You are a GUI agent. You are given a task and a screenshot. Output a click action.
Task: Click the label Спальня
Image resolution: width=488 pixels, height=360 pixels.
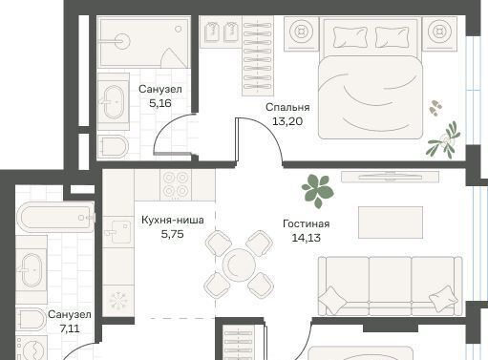coord(287,107)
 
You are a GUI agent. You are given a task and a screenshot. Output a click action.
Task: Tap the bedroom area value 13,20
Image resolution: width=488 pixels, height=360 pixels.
coord(287,121)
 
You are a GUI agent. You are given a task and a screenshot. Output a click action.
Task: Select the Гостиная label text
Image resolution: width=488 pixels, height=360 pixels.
coord(306,223)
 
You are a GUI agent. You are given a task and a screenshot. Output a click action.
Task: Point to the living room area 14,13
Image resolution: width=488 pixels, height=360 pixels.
coord(306,238)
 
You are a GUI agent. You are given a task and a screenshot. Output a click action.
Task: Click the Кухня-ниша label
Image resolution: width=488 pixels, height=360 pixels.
coord(173,220)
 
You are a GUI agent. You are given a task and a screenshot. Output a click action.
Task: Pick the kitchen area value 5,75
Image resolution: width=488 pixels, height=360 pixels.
coord(172,234)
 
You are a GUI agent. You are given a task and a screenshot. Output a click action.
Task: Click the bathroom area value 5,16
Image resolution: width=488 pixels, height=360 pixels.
coord(160,103)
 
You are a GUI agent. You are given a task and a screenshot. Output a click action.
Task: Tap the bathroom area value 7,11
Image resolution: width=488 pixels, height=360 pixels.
coord(70,328)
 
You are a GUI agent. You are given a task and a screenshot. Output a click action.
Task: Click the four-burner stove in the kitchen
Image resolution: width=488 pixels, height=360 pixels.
coord(176,184)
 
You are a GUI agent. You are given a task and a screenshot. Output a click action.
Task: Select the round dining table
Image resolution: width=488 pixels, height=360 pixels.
coord(239,265)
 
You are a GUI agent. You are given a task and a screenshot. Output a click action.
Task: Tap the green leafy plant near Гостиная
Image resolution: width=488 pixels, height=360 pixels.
coord(318,191)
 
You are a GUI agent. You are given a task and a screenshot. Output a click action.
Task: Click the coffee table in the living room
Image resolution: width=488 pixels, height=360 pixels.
coord(391,222)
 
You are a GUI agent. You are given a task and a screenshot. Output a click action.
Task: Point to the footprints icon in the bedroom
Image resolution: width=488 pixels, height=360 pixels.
coord(435,108)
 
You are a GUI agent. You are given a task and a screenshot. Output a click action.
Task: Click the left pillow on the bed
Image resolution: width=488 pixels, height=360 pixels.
coord(350,37)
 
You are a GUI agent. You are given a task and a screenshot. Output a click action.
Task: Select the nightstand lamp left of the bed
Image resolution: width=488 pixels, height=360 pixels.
coord(300,32)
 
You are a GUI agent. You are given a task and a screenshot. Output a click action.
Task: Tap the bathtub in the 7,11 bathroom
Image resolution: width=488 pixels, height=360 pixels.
coord(55,217)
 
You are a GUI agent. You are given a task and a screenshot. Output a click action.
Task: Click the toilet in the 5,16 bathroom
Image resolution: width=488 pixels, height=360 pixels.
coord(113,147)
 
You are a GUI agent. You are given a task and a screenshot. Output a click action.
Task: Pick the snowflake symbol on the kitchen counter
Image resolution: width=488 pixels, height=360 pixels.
coord(118,301)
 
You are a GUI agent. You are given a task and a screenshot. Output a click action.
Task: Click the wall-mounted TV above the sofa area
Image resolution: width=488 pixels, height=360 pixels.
coord(390,177)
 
